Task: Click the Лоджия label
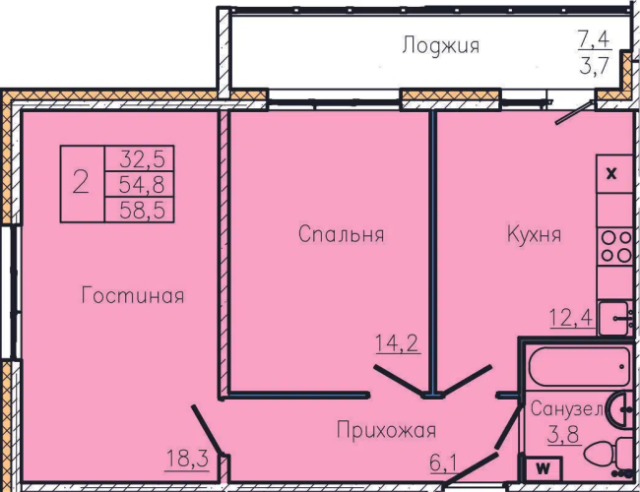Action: (440, 45)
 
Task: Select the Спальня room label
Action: (342, 234)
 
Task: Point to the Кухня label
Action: (534, 234)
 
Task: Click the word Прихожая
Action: (387, 430)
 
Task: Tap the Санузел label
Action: (566, 408)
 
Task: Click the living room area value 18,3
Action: (187, 459)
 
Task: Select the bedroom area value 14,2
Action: (398, 343)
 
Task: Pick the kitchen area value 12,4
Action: (571, 318)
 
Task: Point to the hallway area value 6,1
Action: (444, 463)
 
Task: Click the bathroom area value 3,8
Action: (563, 434)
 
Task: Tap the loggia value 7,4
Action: (594, 39)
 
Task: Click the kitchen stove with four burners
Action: (615, 247)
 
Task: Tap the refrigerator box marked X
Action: (614, 174)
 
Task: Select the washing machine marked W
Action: (543, 468)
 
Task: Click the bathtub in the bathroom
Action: (579, 367)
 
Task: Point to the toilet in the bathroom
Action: (608, 454)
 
